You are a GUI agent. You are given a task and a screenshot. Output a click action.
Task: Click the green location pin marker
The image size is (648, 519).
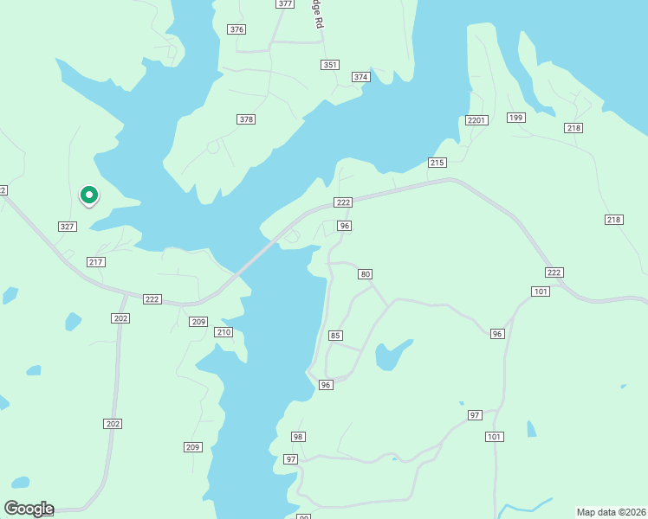point(88,195)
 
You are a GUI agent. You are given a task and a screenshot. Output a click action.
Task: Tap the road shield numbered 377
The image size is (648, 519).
point(285,4)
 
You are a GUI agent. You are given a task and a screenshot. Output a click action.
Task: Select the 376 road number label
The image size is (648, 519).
point(237,29)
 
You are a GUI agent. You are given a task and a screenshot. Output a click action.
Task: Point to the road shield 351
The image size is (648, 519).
point(329,65)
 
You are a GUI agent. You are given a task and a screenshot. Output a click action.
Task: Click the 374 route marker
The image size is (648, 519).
point(361,78)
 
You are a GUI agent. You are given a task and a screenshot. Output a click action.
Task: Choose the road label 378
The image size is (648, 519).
point(246,119)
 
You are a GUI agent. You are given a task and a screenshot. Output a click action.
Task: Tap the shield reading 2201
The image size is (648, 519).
point(476,120)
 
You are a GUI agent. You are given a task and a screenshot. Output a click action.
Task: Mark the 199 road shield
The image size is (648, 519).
point(516,118)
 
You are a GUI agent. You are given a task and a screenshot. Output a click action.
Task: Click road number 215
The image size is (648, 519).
point(437,163)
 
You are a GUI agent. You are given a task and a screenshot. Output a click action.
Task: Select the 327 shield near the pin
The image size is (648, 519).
point(68,227)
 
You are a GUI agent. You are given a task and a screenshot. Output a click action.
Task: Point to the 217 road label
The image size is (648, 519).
point(96,262)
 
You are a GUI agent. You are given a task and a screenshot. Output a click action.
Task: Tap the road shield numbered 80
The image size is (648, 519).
point(366,274)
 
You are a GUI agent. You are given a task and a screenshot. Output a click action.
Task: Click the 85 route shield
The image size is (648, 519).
point(336,336)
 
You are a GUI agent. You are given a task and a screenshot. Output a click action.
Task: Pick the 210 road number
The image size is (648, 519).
point(224,332)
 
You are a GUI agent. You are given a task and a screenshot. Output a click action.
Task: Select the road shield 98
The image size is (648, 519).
point(298,437)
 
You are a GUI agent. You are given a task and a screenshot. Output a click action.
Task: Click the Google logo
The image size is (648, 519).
point(29,509)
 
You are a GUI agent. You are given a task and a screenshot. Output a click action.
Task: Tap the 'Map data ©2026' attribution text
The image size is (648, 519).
point(611,512)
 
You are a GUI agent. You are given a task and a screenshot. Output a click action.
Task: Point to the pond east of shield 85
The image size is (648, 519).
point(391,355)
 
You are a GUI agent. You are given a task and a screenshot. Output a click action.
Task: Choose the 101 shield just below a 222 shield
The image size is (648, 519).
point(541,292)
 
